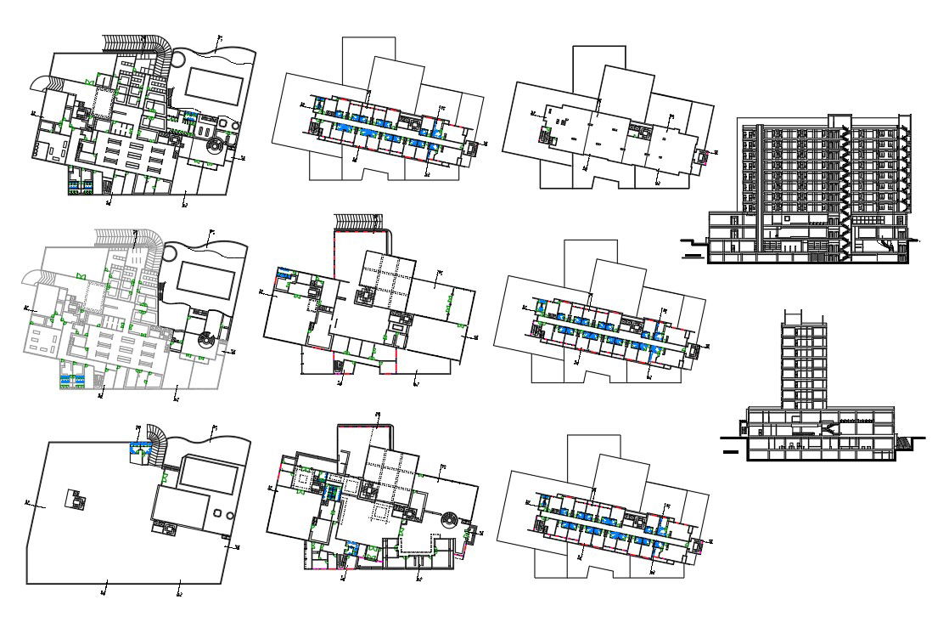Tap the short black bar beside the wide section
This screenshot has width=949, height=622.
[693, 252]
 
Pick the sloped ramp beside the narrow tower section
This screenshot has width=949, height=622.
[905, 444]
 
